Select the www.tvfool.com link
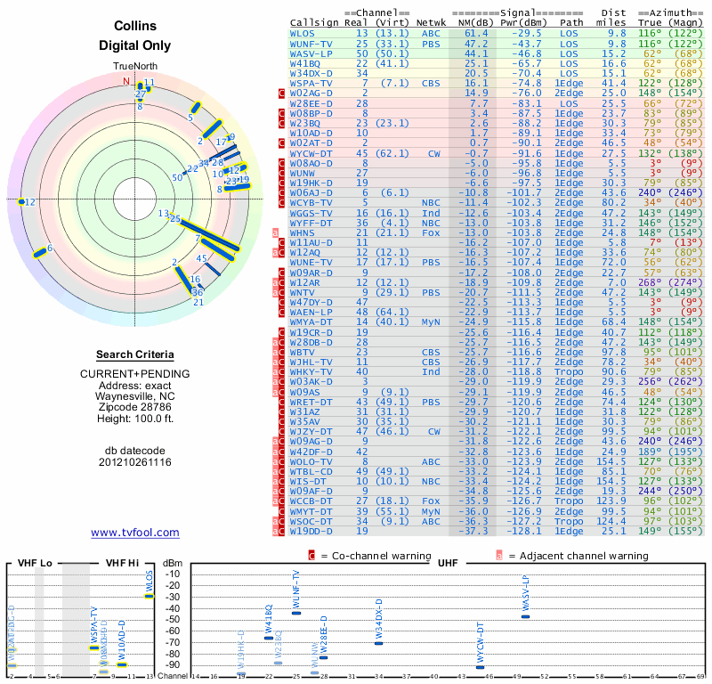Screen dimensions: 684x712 (x=135, y=533)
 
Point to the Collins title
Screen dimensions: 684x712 (x=135, y=28)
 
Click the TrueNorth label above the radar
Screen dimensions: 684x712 (x=135, y=67)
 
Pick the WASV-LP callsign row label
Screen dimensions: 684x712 (x=311, y=53)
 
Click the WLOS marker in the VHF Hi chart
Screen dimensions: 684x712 (x=150, y=596)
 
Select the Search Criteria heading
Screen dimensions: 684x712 (x=135, y=354)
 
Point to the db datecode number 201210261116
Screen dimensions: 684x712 (x=135, y=462)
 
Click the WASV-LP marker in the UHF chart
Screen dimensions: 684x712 (x=525, y=616)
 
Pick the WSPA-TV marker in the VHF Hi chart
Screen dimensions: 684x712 (x=94, y=647)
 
